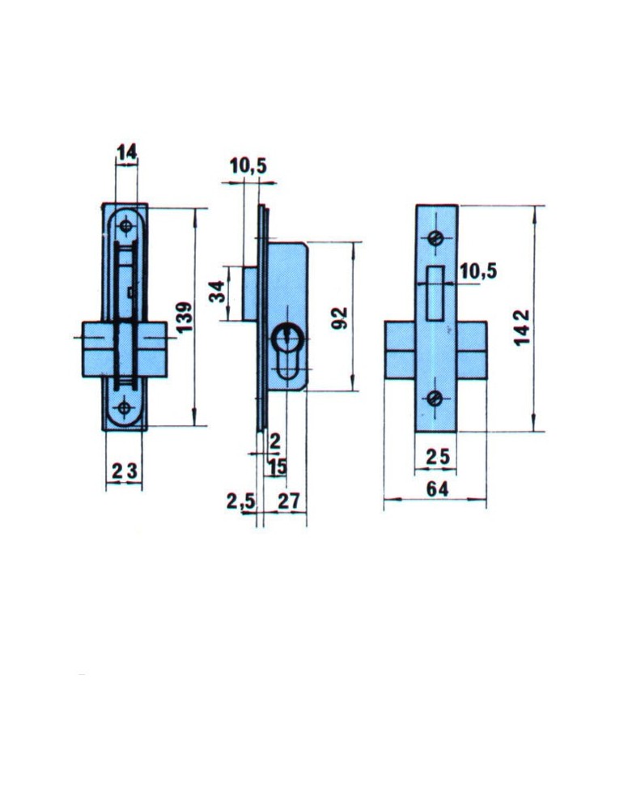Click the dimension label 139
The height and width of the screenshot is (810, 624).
[184, 317]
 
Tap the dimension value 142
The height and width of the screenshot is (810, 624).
[522, 327]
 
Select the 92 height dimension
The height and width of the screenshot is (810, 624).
[339, 318]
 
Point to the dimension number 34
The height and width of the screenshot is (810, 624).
[217, 291]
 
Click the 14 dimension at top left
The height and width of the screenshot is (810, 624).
[126, 152]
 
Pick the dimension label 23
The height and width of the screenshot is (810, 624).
[125, 471]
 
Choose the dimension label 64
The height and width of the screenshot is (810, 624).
[437, 488]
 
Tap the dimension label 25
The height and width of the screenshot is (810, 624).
[438, 457]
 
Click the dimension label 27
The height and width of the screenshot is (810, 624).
[288, 501]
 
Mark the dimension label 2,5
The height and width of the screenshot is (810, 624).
[240, 501]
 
